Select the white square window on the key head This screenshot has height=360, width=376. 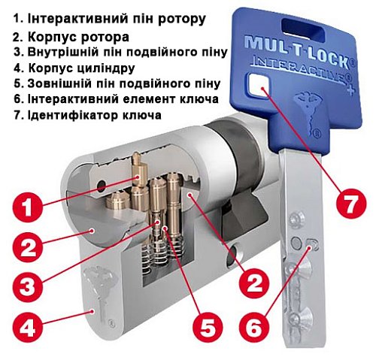pyautogui.click(x=262, y=89)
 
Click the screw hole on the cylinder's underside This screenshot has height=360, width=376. pyautogui.click(x=240, y=255)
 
